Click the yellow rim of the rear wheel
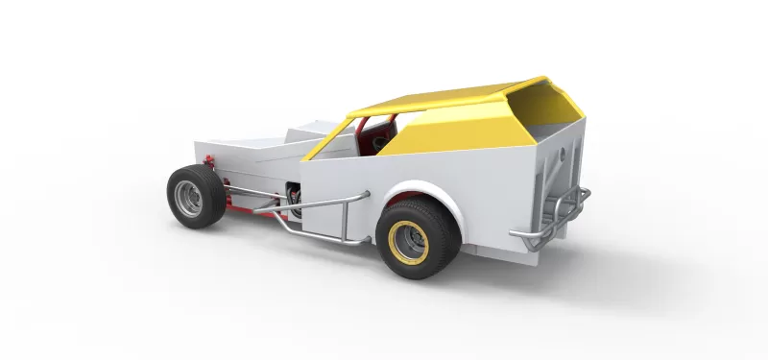(409, 240)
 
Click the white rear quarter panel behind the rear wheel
(494, 202)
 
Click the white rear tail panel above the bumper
(557, 163)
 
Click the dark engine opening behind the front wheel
(294, 197)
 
